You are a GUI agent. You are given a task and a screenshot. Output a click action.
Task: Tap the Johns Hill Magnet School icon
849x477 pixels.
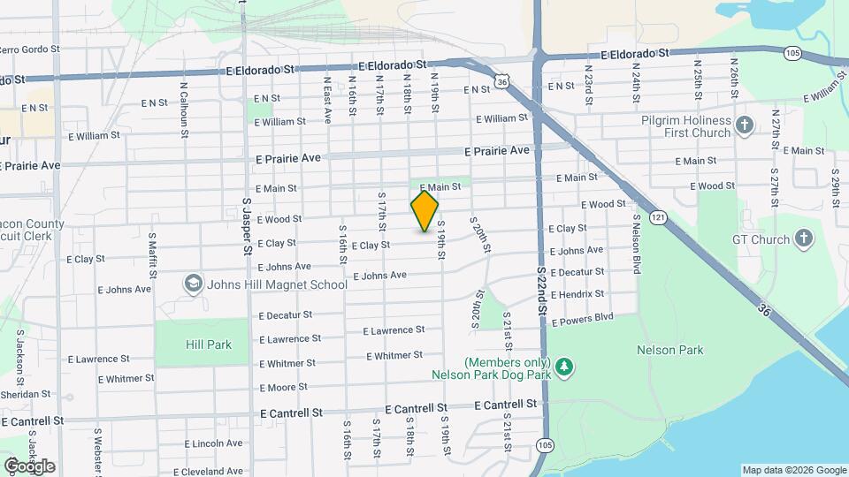192,284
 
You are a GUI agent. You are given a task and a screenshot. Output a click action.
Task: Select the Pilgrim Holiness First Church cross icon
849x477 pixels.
744,125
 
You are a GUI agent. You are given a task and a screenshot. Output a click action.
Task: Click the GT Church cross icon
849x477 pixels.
803,238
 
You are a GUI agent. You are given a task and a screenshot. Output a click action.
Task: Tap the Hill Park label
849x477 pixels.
208,344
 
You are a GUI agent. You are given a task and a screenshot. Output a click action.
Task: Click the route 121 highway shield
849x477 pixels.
656,216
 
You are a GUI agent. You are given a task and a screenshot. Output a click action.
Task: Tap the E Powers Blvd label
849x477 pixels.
582,319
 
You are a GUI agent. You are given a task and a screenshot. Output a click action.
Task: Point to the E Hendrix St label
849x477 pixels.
577,294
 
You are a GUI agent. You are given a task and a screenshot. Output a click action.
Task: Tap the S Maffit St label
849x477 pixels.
153,254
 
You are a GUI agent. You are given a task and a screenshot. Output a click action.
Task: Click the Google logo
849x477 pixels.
29,466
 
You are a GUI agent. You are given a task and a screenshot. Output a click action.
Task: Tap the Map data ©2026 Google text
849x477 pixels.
793,470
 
